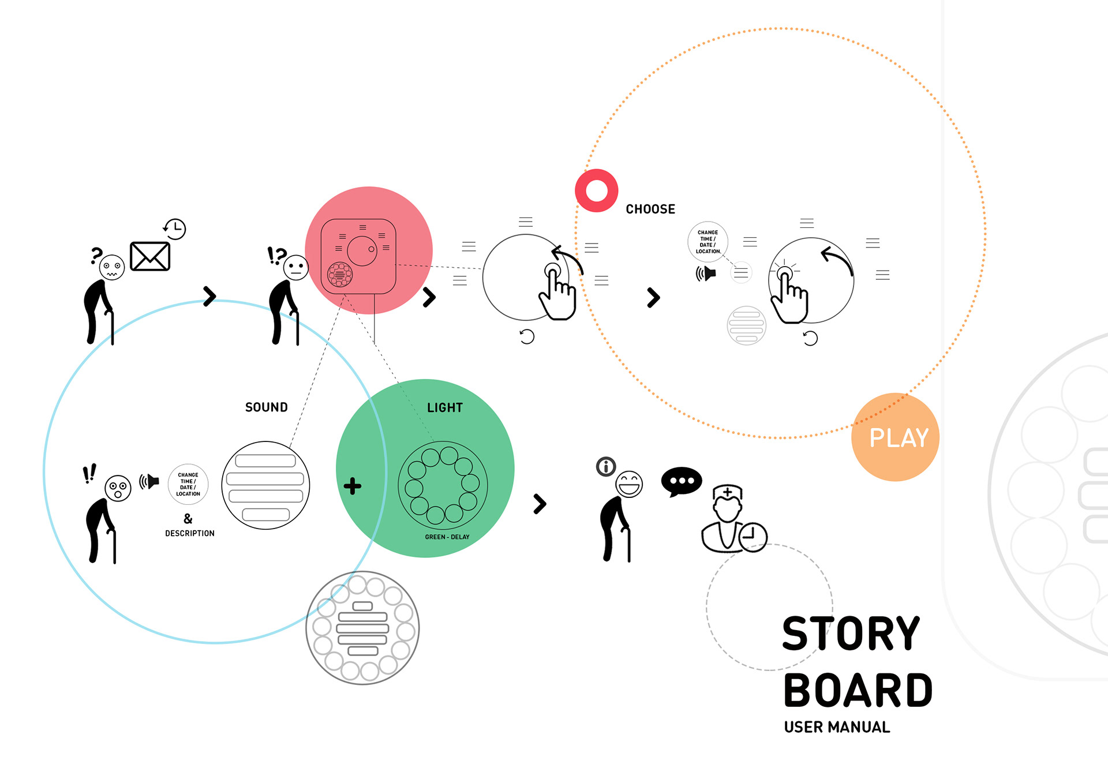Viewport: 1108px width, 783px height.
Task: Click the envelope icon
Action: point(150,256)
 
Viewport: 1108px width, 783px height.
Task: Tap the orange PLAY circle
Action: point(895,437)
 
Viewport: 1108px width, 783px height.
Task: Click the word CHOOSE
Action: point(650,209)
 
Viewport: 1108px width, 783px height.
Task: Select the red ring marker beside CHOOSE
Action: point(597,190)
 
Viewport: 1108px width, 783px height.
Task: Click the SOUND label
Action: point(266,407)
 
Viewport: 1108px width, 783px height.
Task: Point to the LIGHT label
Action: point(444,408)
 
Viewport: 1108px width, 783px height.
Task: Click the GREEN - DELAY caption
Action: point(447,537)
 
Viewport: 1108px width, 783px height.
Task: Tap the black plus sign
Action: point(352,486)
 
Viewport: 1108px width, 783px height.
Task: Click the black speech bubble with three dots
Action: point(681,481)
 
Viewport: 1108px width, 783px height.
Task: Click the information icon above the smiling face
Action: point(606,466)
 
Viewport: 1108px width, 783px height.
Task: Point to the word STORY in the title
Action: point(851,634)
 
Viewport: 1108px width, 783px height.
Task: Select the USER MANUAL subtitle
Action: point(837,727)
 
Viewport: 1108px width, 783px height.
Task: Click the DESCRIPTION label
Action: point(189,533)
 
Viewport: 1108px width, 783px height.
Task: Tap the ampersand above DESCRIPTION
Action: point(188,518)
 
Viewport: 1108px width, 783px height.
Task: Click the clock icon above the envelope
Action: point(175,229)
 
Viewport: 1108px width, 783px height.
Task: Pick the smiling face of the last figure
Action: point(628,484)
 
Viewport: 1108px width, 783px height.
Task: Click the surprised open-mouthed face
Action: point(118,489)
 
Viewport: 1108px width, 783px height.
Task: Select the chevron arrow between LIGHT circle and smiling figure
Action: point(540,504)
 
